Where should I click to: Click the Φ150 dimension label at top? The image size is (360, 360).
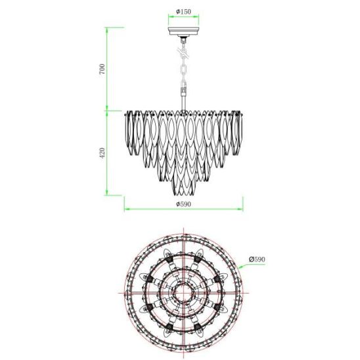[183, 11]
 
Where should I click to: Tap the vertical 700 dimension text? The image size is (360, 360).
[102, 68]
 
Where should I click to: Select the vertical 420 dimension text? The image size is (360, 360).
[102, 152]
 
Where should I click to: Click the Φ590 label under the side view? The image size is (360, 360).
[183, 204]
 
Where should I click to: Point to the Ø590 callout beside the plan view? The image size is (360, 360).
[257, 259]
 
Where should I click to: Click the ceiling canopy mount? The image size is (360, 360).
[183, 32]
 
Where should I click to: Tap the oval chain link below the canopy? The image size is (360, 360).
[183, 72]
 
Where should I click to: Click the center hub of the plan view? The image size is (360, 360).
[183, 293]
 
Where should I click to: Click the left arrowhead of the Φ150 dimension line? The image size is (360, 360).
[170, 16]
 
